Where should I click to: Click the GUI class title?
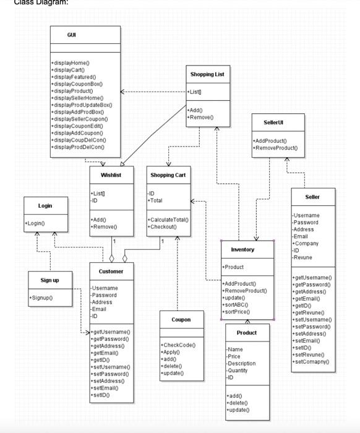tap(72, 35)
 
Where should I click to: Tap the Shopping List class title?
tap(207, 74)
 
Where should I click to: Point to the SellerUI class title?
tap(273, 122)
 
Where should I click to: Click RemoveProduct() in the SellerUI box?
tap(275, 148)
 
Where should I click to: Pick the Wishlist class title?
tap(111, 175)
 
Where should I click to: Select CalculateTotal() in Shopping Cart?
tap(168, 220)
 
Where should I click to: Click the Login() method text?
tap(35, 223)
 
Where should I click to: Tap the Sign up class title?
tap(49, 280)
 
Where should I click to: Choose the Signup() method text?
tap(41, 298)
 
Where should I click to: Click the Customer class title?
tap(111, 272)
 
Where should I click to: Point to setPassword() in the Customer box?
tap(110, 374)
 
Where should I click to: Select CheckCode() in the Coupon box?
tap(178, 345)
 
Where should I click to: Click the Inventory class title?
tap(242, 250)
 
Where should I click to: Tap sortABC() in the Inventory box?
tap(235, 305)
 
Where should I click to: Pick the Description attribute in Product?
tap(241, 364)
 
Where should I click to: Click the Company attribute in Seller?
tap(306, 244)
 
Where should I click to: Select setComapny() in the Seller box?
tap(311, 362)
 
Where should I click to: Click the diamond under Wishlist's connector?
tap(111, 259)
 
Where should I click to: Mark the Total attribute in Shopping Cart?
tap(155, 200)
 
